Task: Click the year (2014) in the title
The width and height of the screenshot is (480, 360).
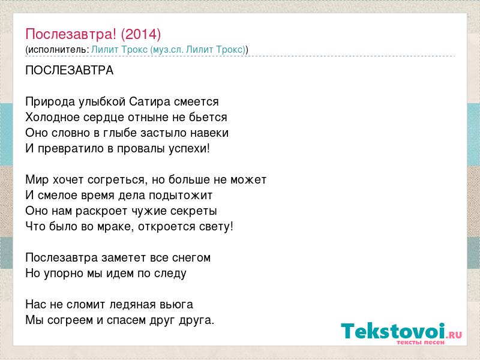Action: pyautogui.click(x=141, y=34)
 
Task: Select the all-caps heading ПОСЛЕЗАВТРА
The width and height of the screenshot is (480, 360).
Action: pyautogui.click(x=70, y=70)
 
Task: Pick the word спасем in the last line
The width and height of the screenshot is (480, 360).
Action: pyautogui.click(x=127, y=320)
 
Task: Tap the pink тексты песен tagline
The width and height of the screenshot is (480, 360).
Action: pyautogui.click(x=421, y=342)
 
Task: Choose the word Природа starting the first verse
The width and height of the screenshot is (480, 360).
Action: pyautogui.click(x=50, y=101)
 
